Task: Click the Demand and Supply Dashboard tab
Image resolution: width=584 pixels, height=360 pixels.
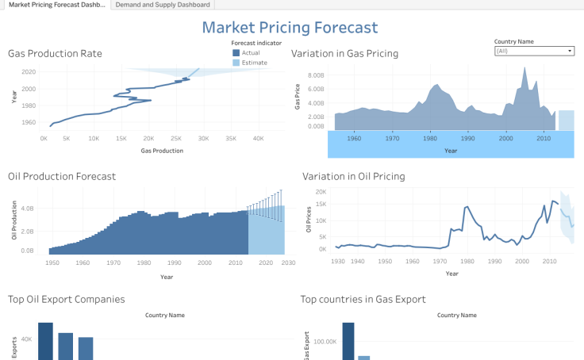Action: tap(161, 5)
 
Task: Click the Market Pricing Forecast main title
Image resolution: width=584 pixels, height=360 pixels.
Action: tap(290, 28)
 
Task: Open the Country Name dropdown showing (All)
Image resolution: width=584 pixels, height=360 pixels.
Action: tap(533, 51)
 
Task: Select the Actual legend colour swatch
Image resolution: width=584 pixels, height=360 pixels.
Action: tap(236, 52)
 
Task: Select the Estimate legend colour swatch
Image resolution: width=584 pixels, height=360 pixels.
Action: tap(236, 63)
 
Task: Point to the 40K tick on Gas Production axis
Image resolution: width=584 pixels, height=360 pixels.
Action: tap(259, 138)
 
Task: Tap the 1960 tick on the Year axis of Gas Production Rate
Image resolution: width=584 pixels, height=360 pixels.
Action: tap(29, 122)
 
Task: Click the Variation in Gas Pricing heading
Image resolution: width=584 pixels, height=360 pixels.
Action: tap(344, 54)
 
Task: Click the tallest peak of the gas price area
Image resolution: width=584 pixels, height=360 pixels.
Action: tap(524, 69)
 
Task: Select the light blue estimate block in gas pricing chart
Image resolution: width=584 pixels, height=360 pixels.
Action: tap(566, 120)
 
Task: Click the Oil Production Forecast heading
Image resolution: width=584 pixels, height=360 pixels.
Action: tap(62, 176)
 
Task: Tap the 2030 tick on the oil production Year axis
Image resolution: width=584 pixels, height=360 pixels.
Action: tap(287, 262)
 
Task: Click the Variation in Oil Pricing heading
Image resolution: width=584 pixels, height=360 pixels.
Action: tap(354, 176)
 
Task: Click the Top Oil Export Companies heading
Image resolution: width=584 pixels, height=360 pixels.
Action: tap(66, 299)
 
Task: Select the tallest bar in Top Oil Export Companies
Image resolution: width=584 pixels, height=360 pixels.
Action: tap(45, 341)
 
